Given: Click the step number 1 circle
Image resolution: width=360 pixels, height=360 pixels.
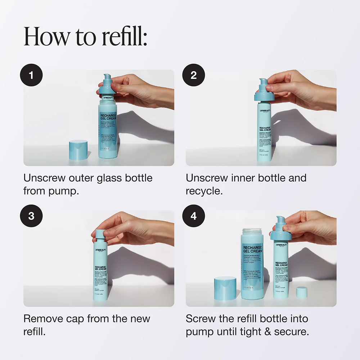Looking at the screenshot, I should [32, 75].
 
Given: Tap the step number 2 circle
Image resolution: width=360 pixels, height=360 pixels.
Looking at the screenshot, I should [194, 75].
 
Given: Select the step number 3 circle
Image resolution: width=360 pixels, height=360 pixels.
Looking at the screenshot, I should [32, 216].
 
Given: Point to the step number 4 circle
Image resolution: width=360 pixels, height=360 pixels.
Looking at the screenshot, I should [194, 216].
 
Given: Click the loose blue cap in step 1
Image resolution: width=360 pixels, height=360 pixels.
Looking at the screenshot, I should [78, 149].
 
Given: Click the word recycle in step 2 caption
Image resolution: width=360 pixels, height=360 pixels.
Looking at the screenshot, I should [204, 191].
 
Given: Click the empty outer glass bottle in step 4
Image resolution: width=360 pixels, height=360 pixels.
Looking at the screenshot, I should [252, 263].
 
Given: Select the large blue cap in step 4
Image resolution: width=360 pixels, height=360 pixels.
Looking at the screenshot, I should [225, 288].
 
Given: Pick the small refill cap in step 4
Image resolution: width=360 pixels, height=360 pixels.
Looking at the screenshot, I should [301, 292].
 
